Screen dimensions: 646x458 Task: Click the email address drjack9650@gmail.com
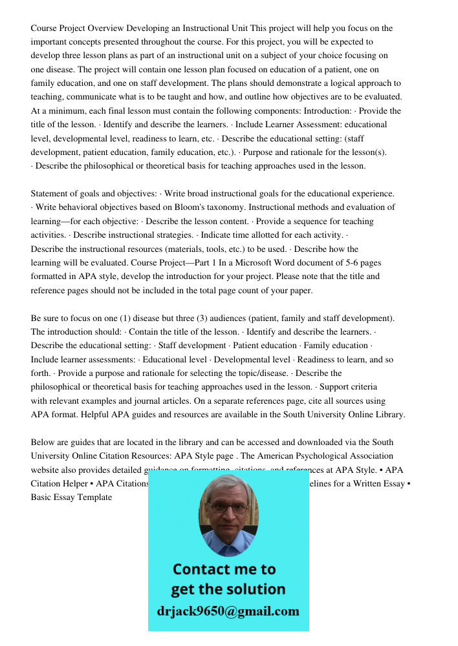pos(228,611)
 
